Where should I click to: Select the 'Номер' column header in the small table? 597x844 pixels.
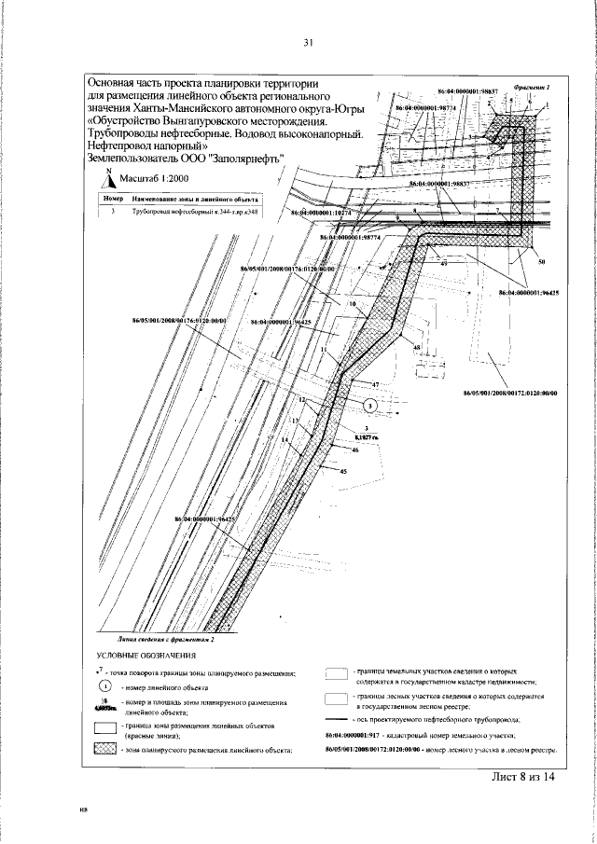111,200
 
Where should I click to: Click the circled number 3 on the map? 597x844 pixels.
369,405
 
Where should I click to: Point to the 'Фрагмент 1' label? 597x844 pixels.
532,87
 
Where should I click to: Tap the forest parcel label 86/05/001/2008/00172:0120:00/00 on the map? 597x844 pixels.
509,393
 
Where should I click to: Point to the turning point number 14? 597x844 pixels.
285,438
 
